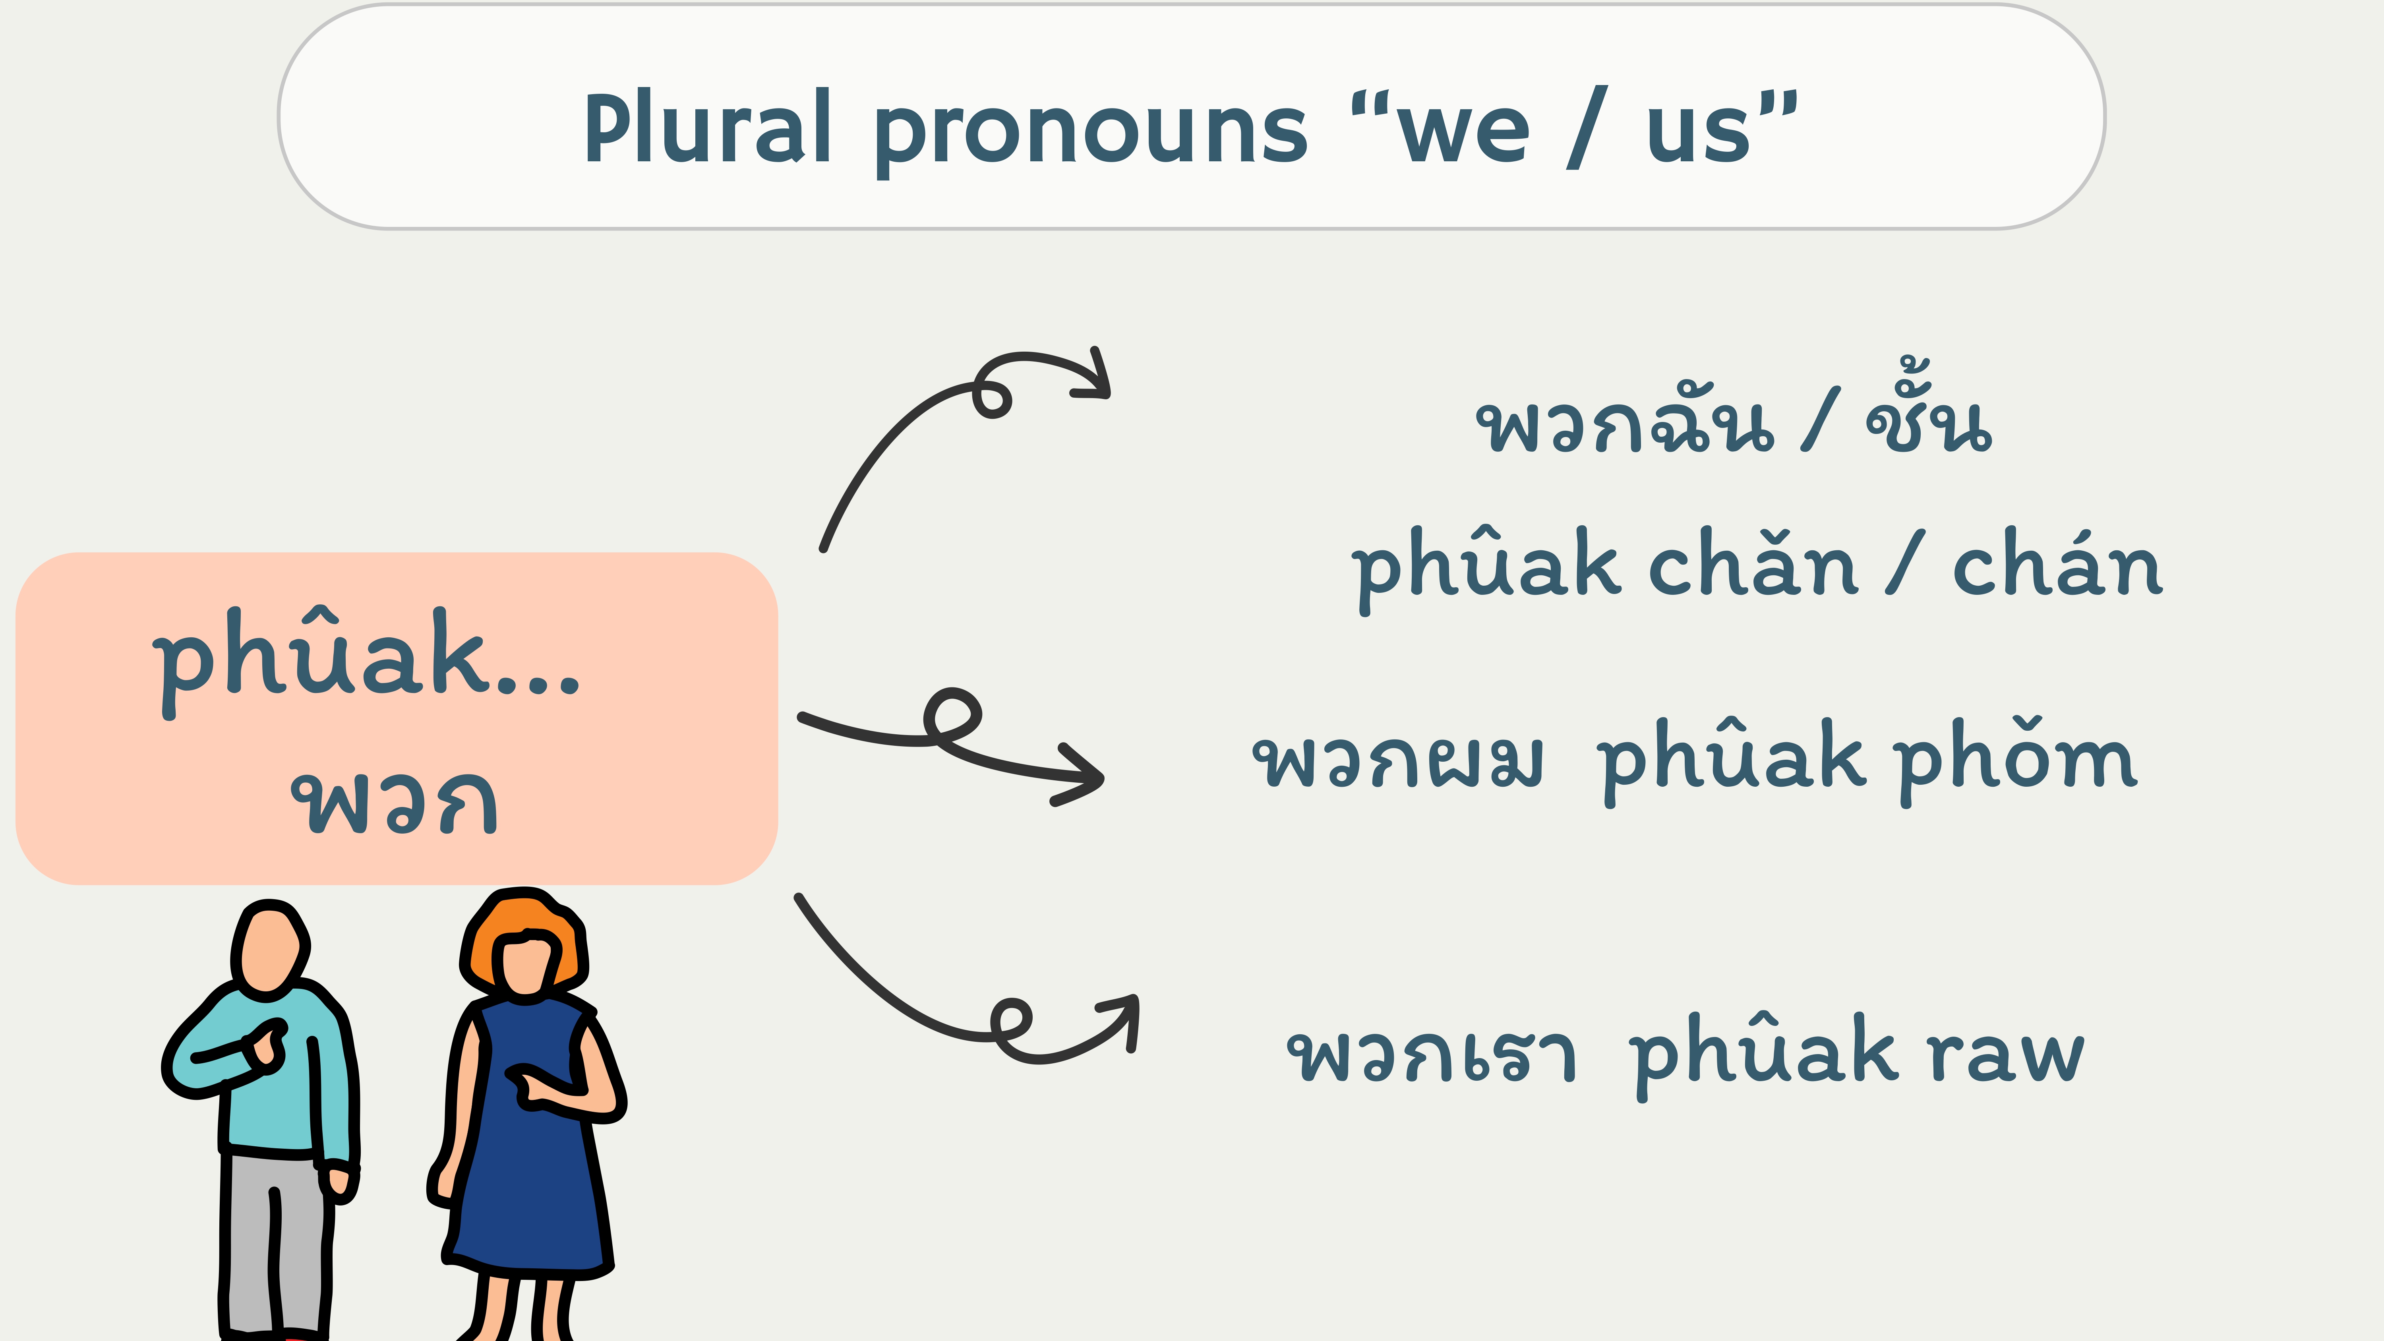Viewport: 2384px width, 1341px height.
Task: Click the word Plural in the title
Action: coord(708,128)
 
